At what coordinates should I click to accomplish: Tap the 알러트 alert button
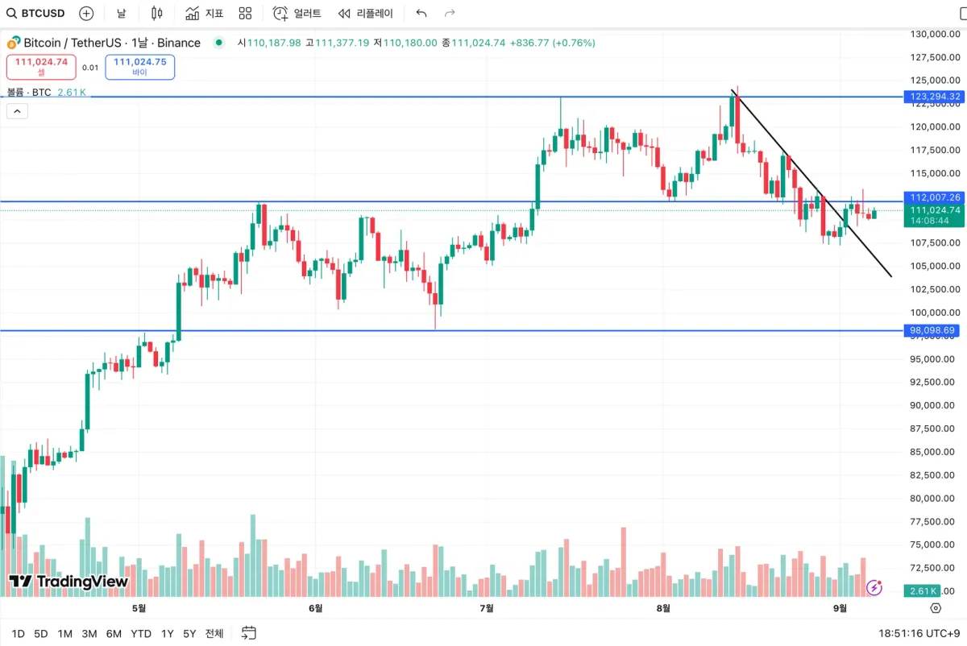[297, 13]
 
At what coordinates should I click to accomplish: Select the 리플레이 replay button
[366, 13]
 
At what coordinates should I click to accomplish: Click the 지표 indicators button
[205, 13]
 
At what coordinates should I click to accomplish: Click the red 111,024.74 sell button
[41, 66]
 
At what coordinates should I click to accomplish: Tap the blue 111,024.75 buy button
[139, 66]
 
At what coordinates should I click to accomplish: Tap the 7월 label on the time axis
[486, 608]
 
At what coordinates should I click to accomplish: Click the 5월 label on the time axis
[139, 608]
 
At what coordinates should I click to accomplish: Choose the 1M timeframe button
[65, 633]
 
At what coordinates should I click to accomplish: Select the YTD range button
[141, 633]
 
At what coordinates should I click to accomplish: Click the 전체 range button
[214, 633]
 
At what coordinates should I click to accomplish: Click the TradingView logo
[68, 581]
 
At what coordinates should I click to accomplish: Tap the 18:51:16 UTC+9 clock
[918, 633]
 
